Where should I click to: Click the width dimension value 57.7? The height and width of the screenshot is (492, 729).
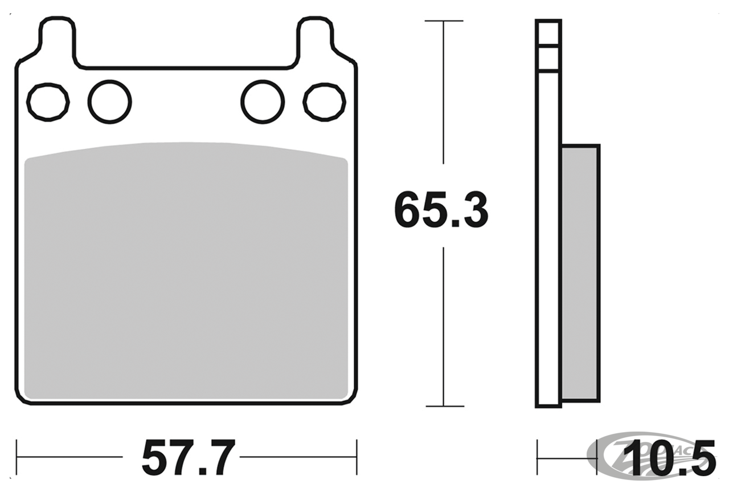click(188, 458)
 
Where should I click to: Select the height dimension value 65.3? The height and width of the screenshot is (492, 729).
click(441, 211)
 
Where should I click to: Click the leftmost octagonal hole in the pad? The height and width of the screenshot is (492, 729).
click(48, 103)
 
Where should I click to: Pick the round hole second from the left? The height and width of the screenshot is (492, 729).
click(109, 101)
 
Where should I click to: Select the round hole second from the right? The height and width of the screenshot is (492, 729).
click(263, 101)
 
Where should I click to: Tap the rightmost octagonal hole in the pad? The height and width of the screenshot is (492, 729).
click(324, 103)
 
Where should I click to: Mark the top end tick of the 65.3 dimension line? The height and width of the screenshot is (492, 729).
click(444, 21)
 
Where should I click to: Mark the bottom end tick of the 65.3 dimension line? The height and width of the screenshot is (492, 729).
click(444, 406)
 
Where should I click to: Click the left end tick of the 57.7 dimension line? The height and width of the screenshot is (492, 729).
click(17, 457)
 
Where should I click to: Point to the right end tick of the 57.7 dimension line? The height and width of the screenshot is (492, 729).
click(357, 457)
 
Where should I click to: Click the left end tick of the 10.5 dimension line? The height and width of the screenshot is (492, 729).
click(537, 457)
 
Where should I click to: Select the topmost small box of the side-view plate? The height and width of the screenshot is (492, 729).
click(548, 32)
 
